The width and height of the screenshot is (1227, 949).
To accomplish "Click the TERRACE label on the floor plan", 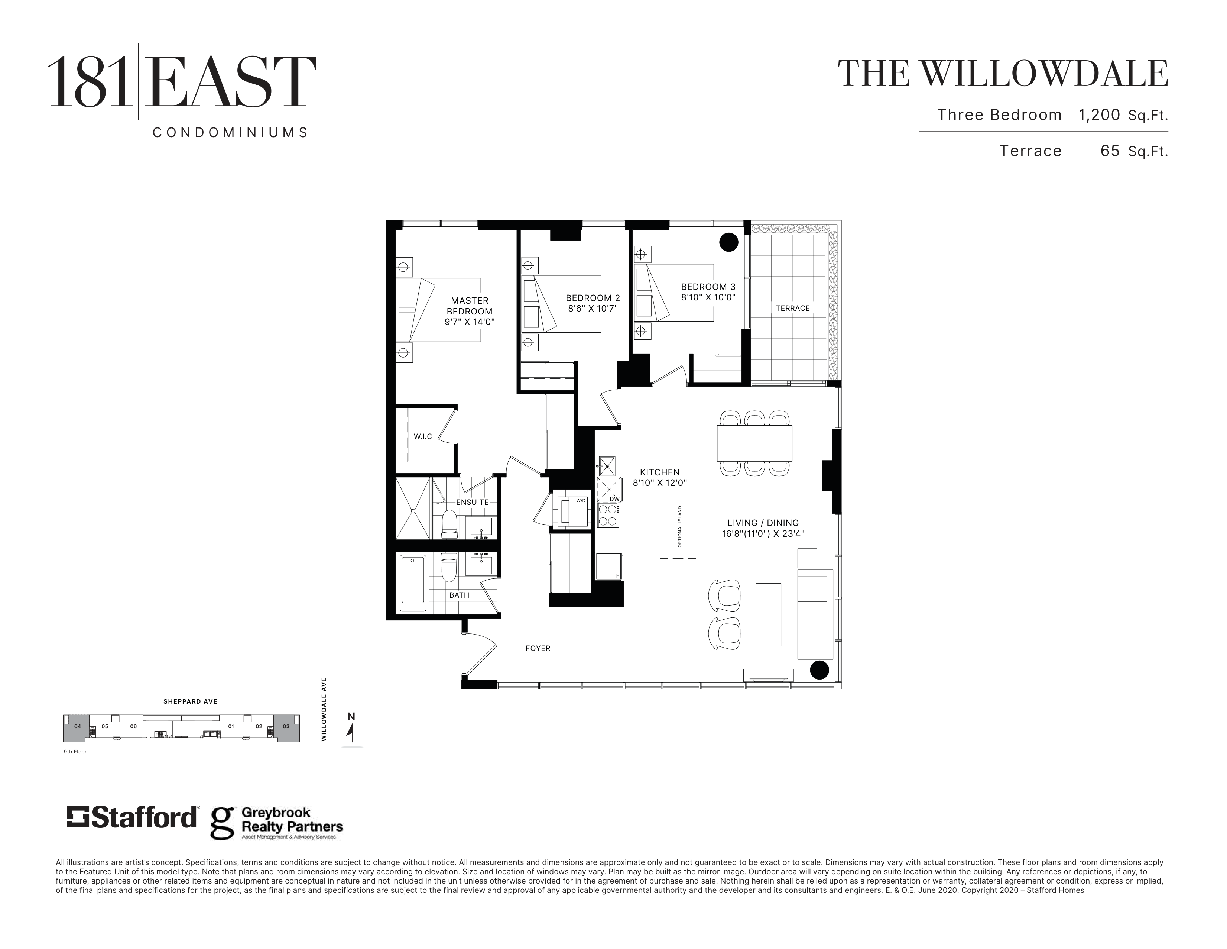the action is pyautogui.click(x=793, y=308).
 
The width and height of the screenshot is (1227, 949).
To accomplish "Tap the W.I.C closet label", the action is pyautogui.click(x=423, y=436).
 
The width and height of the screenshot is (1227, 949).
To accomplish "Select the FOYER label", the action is pyautogui.click(x=538, y=648).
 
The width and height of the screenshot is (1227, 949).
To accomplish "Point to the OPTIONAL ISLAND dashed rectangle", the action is pyautogui.click(x=678, y=527).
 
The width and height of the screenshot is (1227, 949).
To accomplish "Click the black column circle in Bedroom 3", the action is pyautogui.click(x=729, y=242).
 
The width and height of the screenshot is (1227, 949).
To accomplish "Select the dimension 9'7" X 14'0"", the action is pyautogui.click(x=470, y=322).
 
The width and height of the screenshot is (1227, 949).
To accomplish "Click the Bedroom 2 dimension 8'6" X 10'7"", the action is pyautogui.click(x=592, y=309).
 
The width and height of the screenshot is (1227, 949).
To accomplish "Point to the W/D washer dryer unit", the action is pyautogui.click(x=571, y=510).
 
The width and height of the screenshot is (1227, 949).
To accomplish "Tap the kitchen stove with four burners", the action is pyautogui.click(x=607, y=515).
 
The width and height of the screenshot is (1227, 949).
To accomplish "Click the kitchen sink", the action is pyautogui.click(x=607, y=466).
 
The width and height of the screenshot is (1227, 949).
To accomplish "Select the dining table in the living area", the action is pyautogui.click(x=754, y=443).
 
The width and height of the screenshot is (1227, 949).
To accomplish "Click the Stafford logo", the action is pyautogui.click(x=133, y=817).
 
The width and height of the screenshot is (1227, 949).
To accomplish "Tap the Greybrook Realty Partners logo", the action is pyautogui.click(x=276, y=823).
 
